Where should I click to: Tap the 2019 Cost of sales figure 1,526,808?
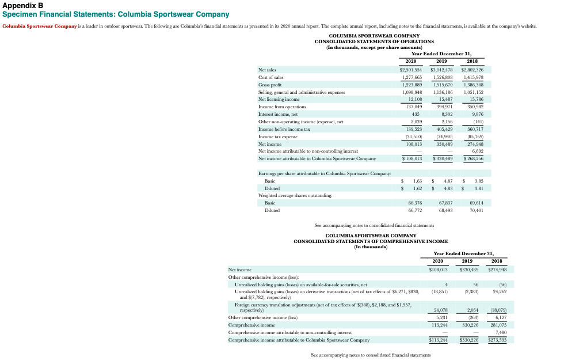click(x=442, y=77)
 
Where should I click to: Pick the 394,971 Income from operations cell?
click(x=442, y=107)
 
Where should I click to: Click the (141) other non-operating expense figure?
click(x=477, y=122)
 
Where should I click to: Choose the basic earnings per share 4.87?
click(x=446, y=181)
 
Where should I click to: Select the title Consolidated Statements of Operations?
click(x=374, y=41)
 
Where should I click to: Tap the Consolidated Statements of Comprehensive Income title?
click(x=371, y=241)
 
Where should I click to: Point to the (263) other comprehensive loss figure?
click(x=475, y=317)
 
